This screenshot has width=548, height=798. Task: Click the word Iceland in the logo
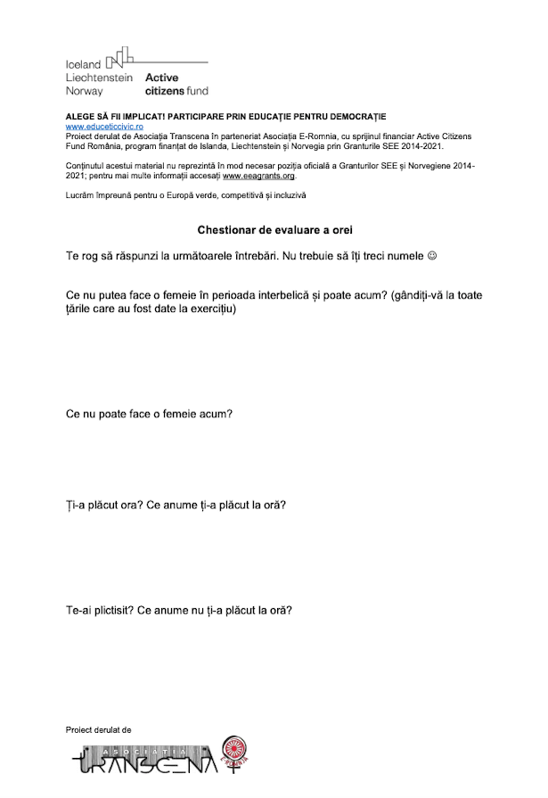(x=84, y=65)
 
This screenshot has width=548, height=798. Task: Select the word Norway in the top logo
(x=85, y=91)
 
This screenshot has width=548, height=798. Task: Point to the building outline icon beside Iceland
(x=121, y=59)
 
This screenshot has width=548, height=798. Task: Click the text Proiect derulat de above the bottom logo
(x=99, y=728)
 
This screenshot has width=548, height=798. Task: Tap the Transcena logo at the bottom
(x=147, y=760)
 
